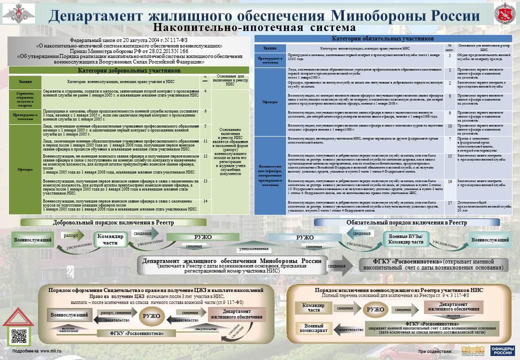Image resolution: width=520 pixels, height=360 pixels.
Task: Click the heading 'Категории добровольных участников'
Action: (x=129, y=70)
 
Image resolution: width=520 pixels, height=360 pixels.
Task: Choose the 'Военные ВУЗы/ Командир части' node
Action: (x=406, y=239)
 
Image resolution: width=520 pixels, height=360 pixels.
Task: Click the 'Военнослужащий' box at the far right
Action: (x=490, y=240)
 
